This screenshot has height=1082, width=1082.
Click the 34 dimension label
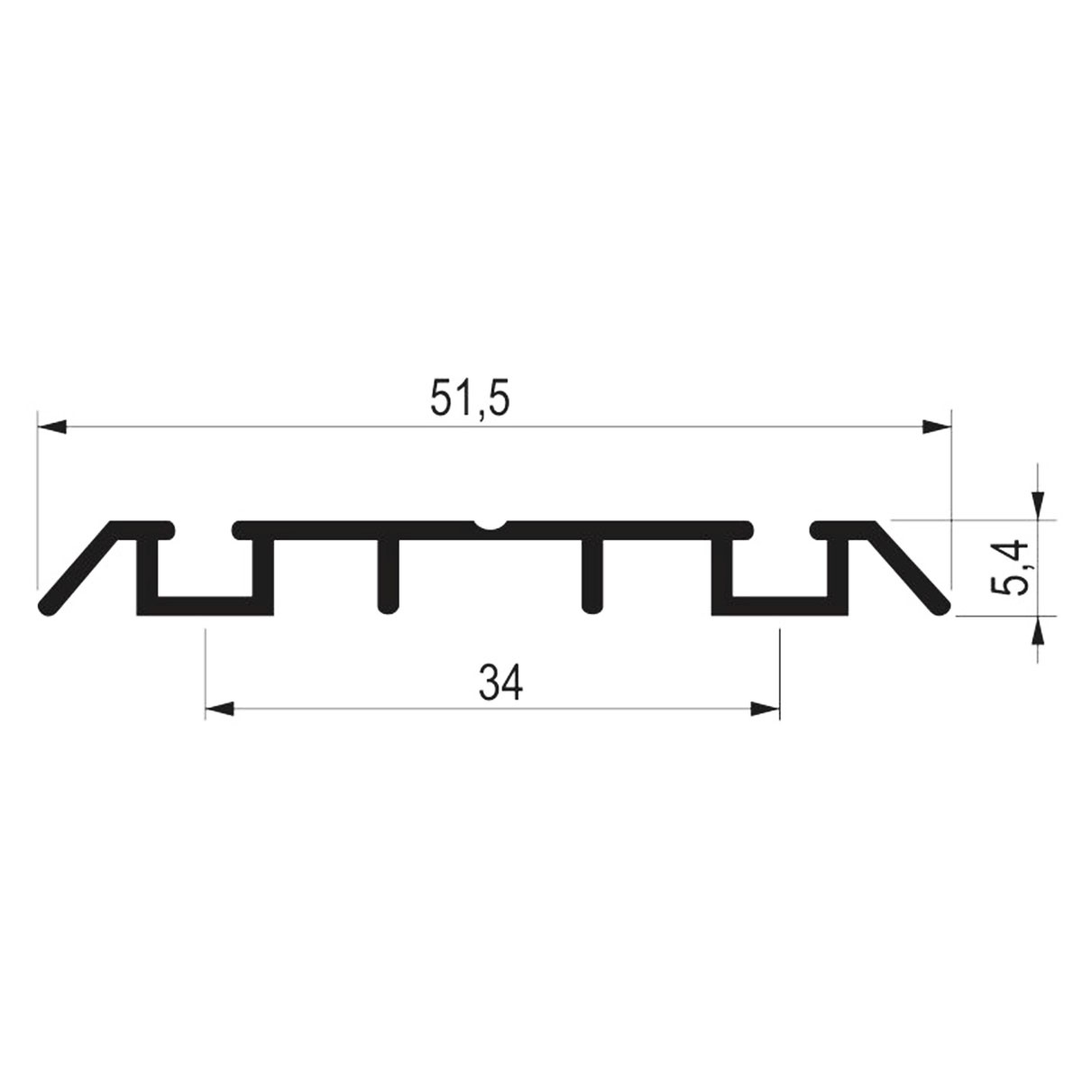(500, 683)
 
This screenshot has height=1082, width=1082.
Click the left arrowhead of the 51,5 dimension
(51, 426)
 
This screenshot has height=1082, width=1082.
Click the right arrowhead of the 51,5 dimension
(937, 426)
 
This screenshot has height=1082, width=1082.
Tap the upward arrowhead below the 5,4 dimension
(1038, 630)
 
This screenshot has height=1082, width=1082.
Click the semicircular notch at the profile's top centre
(489, 525)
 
